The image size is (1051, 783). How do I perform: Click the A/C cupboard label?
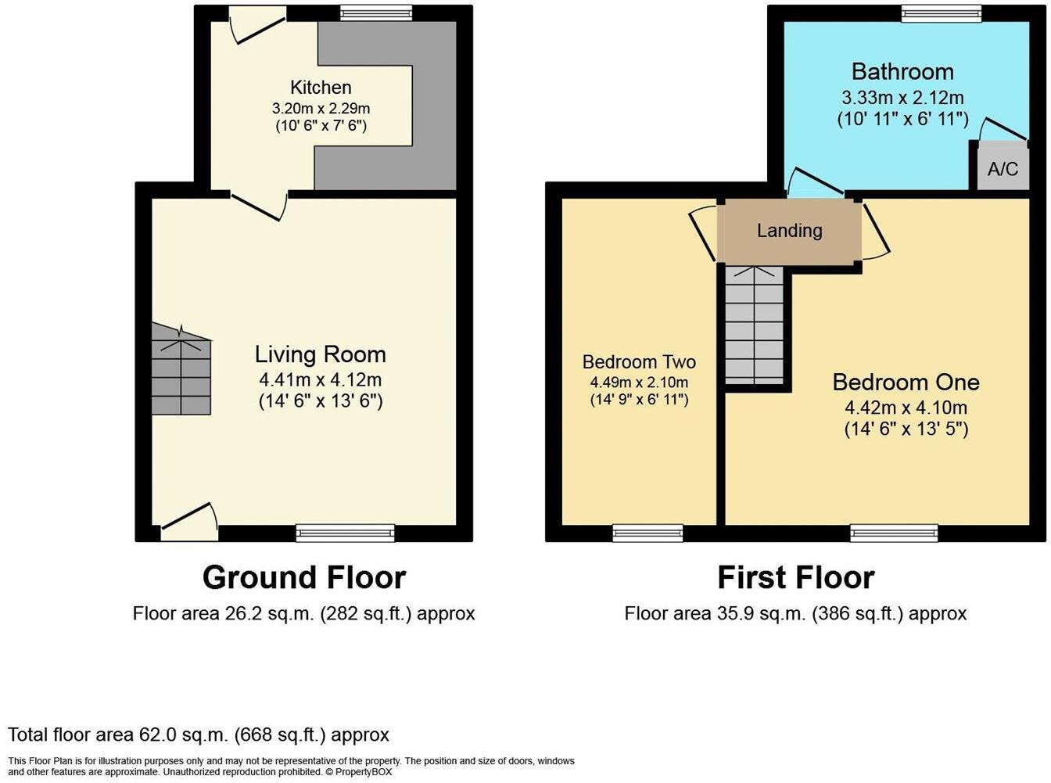coord(1003,168)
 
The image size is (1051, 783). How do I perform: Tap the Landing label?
coord(789,230)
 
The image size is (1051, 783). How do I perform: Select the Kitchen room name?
coord(321,87)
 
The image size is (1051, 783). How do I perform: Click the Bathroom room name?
coord(902,71)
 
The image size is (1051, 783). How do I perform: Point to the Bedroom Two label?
coord(639,361)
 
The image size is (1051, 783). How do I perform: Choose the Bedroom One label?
coord(906,382)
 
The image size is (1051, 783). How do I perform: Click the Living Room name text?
coord(321,354)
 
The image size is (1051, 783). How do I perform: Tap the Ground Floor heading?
coord(304,577)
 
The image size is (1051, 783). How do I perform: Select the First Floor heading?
coord(795,577)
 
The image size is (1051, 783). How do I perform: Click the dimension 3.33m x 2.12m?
coord(902,98)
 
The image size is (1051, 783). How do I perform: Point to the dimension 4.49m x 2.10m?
coord(639,382)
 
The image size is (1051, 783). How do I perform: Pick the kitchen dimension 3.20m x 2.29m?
coord(321,108)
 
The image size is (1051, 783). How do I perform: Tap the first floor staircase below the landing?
coord(754,325)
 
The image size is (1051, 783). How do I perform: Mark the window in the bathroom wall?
coord(942,13)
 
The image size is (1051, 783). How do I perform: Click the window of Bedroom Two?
coord(647,533)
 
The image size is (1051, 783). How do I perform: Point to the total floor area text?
coord(199,735)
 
